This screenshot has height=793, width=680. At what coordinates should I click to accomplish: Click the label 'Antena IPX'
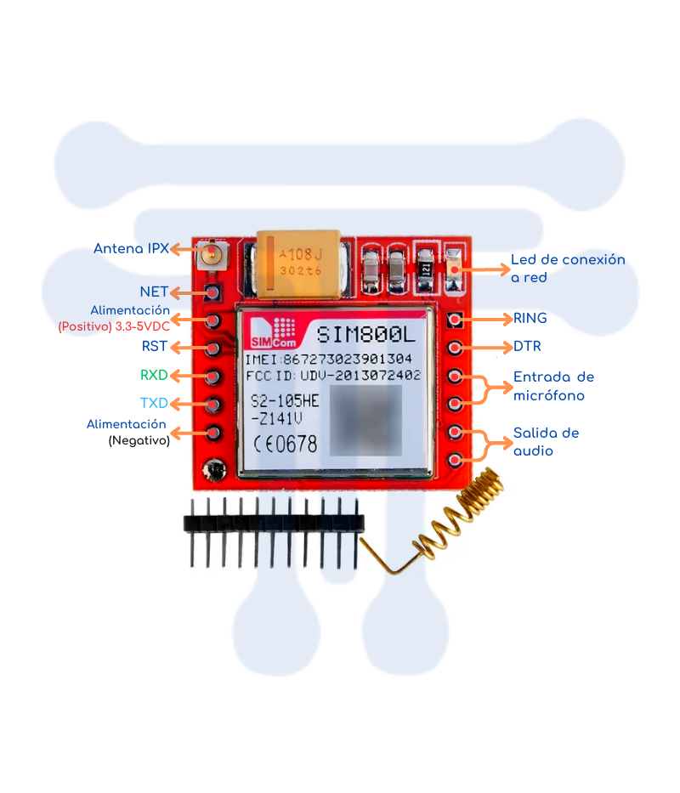[x=131, y=249]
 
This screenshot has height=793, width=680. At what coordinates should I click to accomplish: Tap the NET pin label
[x=154, y=292]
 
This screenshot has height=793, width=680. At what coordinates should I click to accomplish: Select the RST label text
[x=155, y=347]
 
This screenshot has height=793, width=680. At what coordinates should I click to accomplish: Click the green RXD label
[x=154, y=375]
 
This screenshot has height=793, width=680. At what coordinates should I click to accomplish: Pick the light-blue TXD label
[x=154, y=403]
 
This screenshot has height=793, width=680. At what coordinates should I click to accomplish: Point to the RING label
[x=530, y=319]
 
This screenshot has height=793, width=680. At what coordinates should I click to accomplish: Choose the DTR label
[x=527, y=347]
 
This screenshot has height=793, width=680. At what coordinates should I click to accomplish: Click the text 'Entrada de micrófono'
[x=553, y=386]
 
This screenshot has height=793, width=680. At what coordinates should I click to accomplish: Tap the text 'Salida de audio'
[x=546, y=442]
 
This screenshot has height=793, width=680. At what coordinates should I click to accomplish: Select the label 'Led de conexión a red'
[x=567, y=268]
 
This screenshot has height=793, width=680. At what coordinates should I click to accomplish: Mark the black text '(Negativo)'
[x=139, y=441]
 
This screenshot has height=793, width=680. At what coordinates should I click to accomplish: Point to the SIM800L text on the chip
[x=365, y=334]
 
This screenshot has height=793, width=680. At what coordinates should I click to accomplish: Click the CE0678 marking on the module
[x=285, y=444]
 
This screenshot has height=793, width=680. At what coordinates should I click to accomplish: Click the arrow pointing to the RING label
[x=488, y=320]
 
